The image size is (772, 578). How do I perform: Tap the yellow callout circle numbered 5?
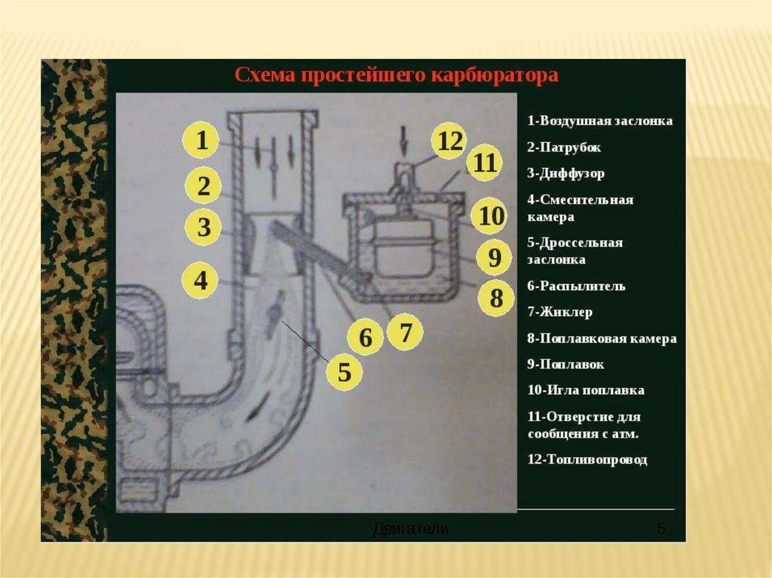click(344, 372)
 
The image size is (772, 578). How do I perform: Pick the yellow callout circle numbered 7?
click(406, 332)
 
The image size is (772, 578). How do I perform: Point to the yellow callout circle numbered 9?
click(494, 258)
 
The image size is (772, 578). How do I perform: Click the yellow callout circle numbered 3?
click(204, 227)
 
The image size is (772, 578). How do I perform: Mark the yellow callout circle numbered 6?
click(366, 338)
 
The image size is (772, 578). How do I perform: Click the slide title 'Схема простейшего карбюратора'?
click(397, 76)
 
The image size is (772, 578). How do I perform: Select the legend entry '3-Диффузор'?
click(566, 173)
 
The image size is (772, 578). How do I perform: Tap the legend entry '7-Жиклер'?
click(560, 312)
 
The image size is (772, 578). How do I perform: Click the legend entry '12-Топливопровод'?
click(587, 460)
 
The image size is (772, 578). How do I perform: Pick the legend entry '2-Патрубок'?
click(564, 147)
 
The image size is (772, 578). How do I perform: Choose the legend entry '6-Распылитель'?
click(577, 286)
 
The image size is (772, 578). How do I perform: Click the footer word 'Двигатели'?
click(411, 529)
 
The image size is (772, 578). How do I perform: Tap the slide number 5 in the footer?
click(660, 528)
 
